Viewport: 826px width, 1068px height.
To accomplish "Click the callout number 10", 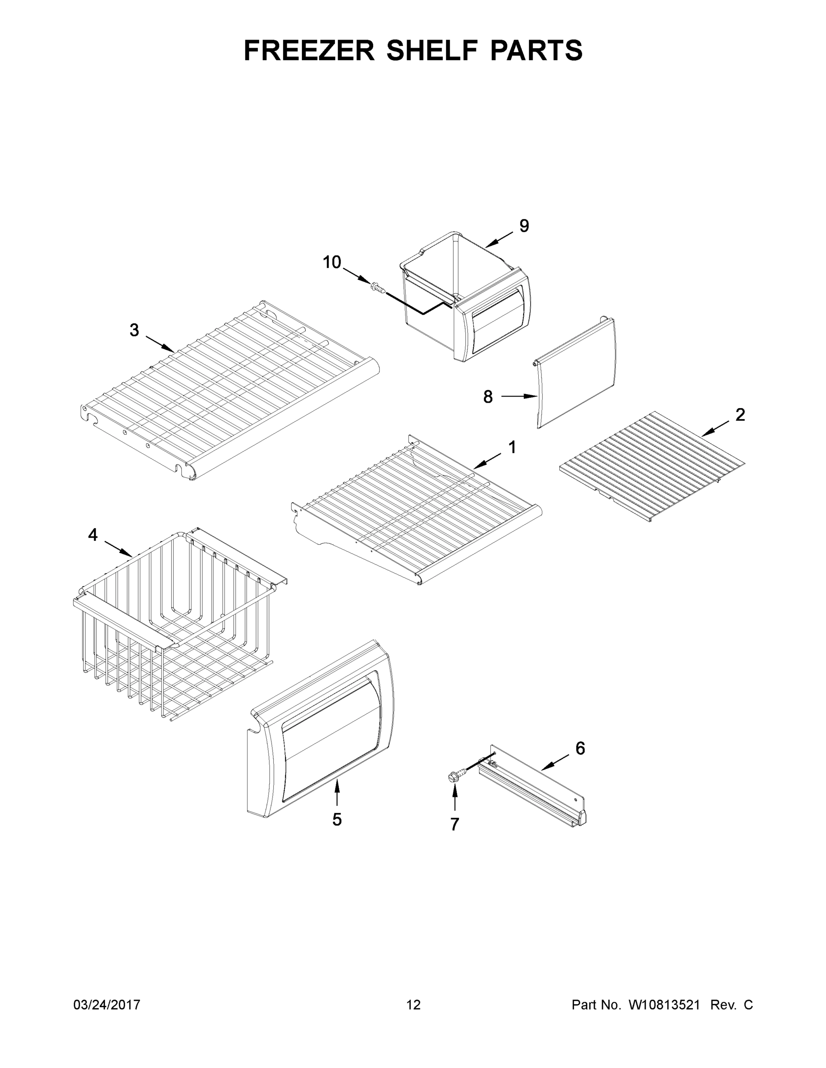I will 332,263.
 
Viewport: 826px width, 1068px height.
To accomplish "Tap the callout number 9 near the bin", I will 524,226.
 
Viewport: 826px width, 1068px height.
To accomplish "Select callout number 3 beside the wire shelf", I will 134,330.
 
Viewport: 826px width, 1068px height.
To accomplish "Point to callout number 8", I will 488,396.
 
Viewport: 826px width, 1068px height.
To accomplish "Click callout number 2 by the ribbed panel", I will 741,415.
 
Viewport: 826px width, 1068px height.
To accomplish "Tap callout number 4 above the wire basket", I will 93,535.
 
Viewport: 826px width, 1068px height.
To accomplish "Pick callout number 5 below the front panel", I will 337,820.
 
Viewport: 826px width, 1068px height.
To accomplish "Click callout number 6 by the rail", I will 580,748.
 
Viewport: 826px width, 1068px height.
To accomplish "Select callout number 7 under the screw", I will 455,825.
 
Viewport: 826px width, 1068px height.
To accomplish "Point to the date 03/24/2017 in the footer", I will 107,1005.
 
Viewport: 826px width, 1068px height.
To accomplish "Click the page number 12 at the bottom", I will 414,1005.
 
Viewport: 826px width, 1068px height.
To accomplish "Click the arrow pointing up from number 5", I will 337,794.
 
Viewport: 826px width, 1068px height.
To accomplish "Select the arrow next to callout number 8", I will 519,396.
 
